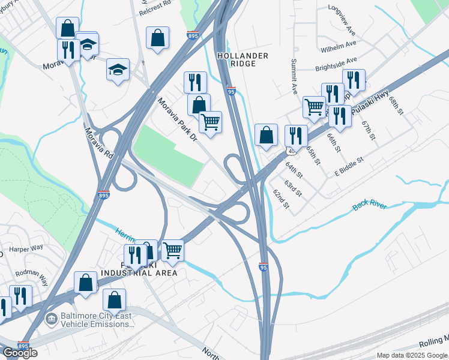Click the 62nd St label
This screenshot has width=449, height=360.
click(x=281, y=200)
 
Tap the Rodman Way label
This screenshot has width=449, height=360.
click(x=24, y=274)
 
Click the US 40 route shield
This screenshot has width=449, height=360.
click(x=291, y=151)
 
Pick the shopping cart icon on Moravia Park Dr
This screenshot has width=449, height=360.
click(x=210, y=122)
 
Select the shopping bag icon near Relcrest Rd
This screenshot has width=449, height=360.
click(x=157, y=38)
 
